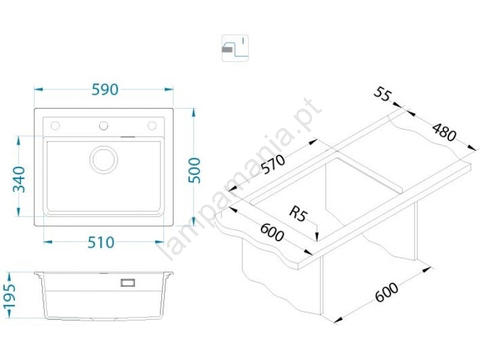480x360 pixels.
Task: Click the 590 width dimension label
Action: [104, 89]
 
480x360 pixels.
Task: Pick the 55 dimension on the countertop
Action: [382, 94]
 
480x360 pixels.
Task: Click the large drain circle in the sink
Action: [103, 159]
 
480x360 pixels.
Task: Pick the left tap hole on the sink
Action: [55, 125]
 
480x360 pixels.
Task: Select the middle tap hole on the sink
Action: [103, 125]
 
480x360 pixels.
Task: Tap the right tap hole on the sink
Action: [152, 125]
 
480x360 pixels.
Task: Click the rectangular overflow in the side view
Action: [127, 281]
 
